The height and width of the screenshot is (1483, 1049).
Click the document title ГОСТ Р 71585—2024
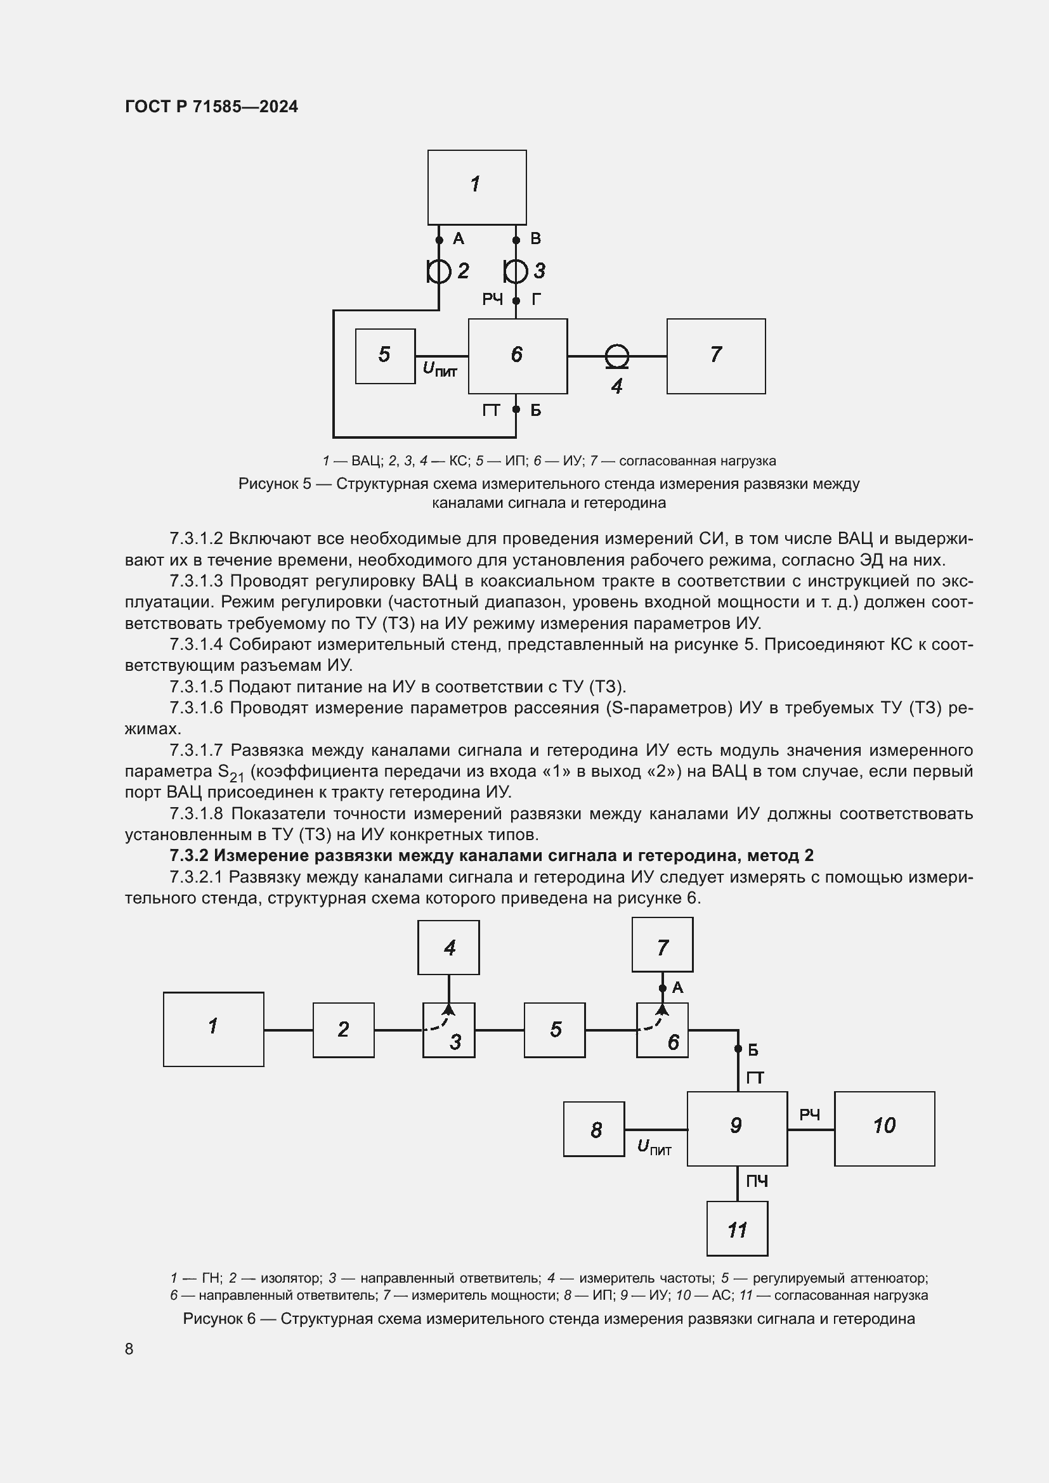[x=211, y=107]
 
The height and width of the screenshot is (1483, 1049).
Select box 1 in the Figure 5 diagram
[x=477, y=187]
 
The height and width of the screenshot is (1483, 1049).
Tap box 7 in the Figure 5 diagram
[x=715, y=356]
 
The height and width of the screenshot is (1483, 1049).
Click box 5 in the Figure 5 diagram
[x=385, y=356]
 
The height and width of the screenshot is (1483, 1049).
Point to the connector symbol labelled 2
[x=440, y=271]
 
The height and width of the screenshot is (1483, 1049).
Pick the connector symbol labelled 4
[x=617, y=356]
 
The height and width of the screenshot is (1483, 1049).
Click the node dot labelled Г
[x=516, y=301]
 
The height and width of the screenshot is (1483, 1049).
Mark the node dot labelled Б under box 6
[x=516, y=410]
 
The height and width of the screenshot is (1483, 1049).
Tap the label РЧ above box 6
[x=492, y=299]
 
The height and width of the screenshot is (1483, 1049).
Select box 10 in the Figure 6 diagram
[x=884, y=1129]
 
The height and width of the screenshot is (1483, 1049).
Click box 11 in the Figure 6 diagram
[x=737, y=1229]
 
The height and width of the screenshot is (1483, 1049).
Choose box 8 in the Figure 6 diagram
[x=594, y=1129]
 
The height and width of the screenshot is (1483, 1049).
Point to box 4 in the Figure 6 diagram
[x=448, y=947]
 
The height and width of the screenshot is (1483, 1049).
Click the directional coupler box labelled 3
[x=448, y=1030]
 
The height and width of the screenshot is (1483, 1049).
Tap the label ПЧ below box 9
[x=757, y=1181]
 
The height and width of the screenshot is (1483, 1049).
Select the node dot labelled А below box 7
[x=662, y=988]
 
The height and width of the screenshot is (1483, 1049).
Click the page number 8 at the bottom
[x=129, y=1349]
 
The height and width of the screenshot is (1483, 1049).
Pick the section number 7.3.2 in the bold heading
[x=189, y=856]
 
